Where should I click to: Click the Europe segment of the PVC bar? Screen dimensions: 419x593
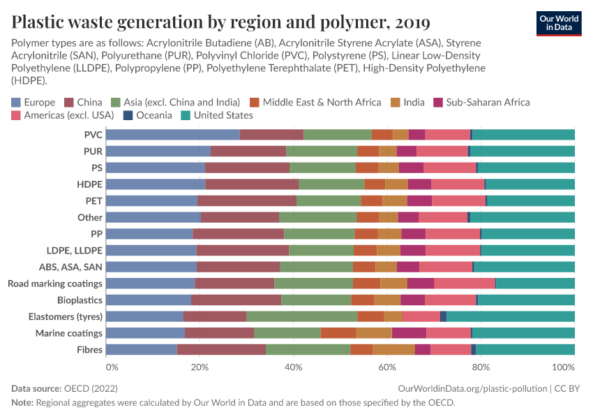pyautogui.click(x=173, y=135)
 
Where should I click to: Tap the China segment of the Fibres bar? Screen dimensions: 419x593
pyautogui.click(x=221, y=350)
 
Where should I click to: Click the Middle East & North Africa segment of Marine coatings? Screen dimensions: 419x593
pyautogui.click(x=338, y=333)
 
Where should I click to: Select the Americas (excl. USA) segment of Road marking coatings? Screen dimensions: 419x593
pyautogui.click(x=465, y=283)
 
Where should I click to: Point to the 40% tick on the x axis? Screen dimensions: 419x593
pyautogui.click(x=294, y=367)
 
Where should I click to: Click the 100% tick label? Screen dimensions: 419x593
pyautogui.click(x=563, y=367)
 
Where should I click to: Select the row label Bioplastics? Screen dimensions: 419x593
pyautogui.click(x=80, y=300)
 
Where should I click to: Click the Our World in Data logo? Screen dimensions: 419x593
pyautogui.click(x=558, y=22)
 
